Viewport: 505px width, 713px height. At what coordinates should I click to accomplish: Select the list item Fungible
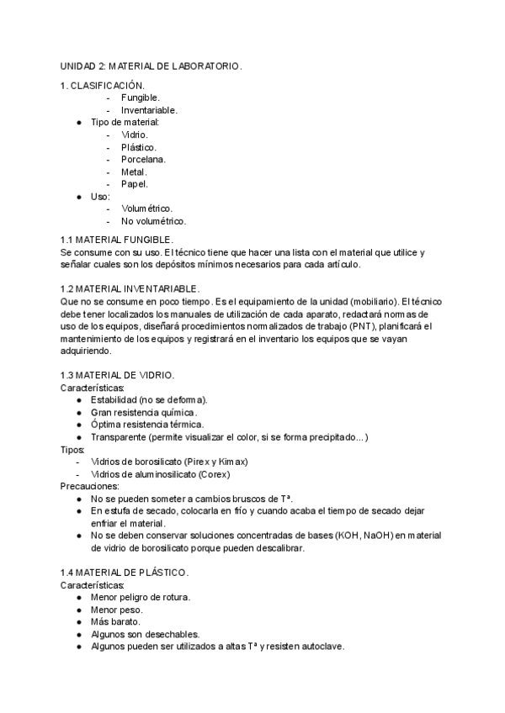(x=141, y=98)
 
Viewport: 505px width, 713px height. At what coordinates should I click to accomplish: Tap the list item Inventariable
(x=149, y=110)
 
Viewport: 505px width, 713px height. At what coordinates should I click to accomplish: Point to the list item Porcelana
(x=143, y=159)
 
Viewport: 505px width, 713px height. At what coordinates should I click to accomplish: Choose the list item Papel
(x=135, y=183)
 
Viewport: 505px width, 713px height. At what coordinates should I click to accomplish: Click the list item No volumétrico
(x=153, y=221)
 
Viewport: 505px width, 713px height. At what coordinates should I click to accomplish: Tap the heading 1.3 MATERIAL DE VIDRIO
(x=118, y=374)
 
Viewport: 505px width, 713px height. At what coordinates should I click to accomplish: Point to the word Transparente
(x=118, y=437)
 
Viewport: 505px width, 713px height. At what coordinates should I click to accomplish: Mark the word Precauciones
(x=90, y=486)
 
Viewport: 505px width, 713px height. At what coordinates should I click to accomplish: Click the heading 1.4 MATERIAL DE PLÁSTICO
(x=125, y=573)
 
